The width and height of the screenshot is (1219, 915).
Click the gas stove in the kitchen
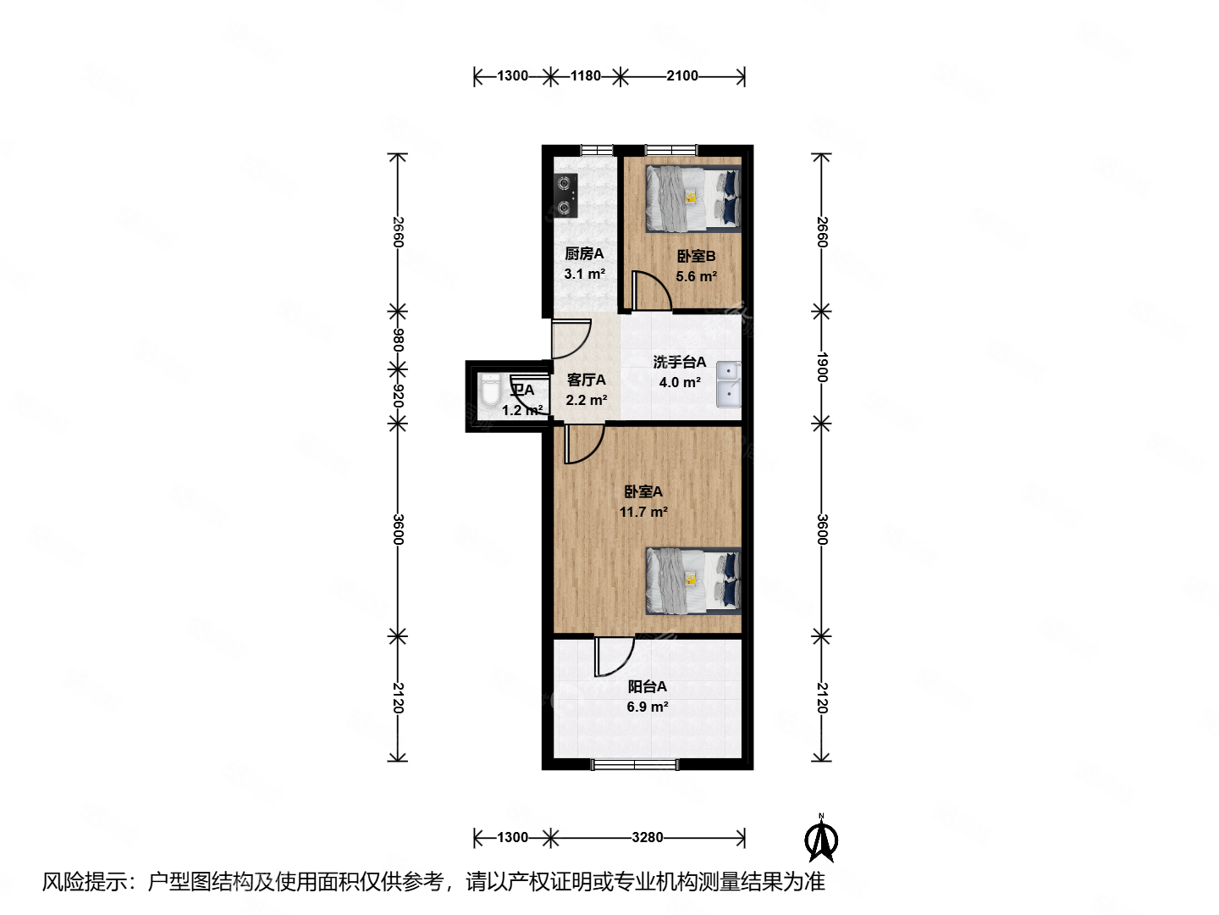565,195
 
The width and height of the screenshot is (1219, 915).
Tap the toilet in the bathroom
490,393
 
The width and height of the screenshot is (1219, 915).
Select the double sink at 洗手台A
728,384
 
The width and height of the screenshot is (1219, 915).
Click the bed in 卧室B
692,198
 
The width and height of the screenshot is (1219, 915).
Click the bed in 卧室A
692,580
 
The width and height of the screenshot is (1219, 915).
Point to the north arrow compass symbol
820,839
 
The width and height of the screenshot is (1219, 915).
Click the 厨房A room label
584,253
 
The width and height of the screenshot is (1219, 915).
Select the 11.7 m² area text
643,512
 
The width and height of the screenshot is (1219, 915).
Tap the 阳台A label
647,686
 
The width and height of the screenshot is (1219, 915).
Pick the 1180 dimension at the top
585,76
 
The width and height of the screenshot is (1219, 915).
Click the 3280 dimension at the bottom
647,837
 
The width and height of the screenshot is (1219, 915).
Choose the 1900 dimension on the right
821,367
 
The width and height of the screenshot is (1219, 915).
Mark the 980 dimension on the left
398,341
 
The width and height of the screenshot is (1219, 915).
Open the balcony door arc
614,657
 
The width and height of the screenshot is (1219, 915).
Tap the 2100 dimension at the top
682,76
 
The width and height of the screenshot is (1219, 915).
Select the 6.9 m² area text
648,707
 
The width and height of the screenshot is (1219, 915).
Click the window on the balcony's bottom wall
635,764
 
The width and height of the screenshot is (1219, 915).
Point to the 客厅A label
586,380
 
